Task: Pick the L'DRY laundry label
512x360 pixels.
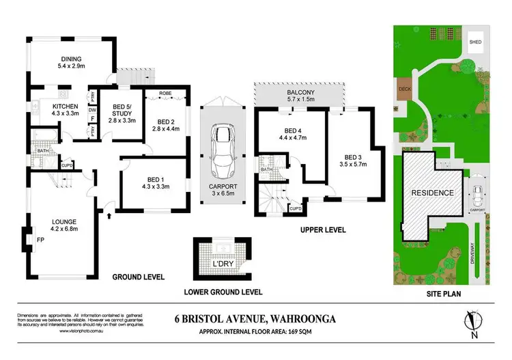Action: tap(222, 264)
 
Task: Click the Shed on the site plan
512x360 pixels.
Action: tap(475, 43)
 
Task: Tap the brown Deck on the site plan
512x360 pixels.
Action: tap(403, 89)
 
